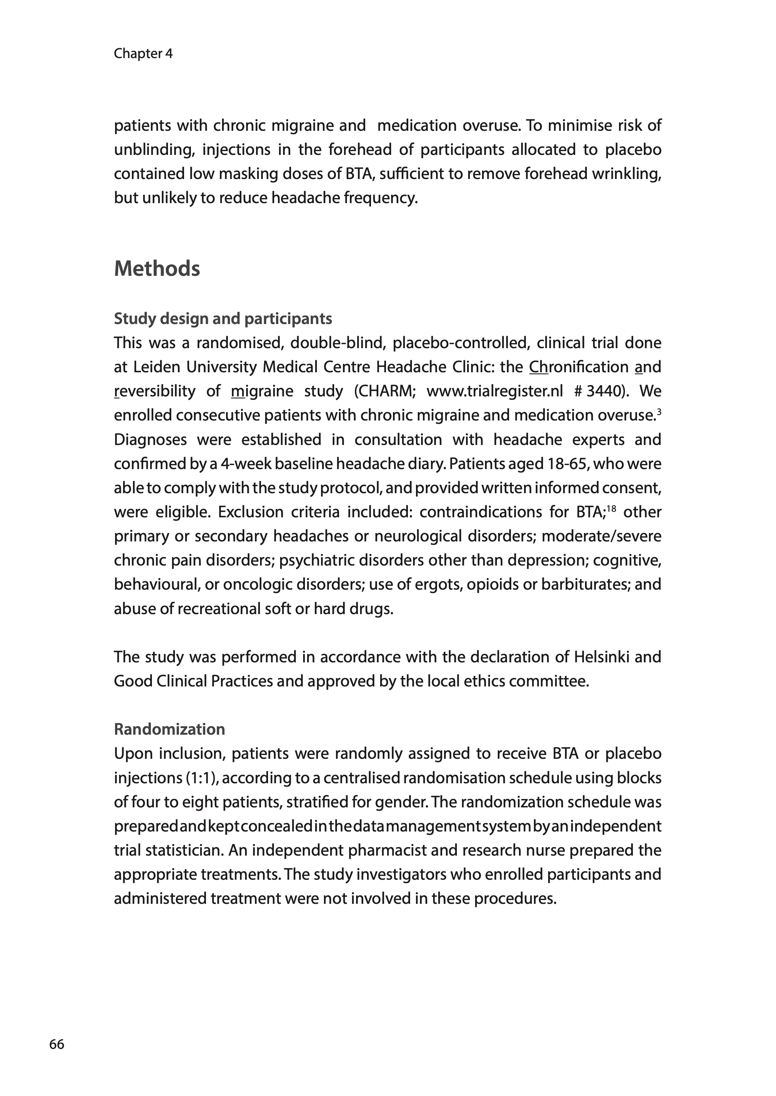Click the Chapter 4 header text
pos(143,54)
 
